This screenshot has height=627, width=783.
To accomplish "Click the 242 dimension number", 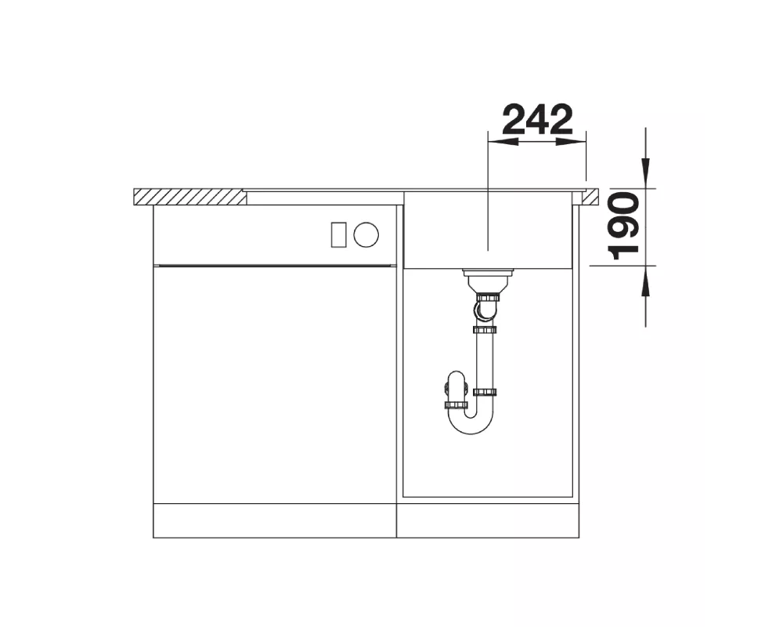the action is point(537,119).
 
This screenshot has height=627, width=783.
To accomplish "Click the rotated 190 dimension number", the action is point(624,227).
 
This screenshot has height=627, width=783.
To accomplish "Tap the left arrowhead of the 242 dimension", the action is point(503,142).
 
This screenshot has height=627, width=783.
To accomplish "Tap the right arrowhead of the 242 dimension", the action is point(570,142).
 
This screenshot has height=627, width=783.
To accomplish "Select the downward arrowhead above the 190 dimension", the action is point(646,173).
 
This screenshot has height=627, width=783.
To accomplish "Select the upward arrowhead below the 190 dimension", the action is point(646,281).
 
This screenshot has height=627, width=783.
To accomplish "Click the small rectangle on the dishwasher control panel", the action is point(338,234).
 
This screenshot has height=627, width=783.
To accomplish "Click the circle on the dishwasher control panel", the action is point(366,234).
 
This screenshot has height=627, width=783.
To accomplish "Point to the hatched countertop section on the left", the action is point(189,197).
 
